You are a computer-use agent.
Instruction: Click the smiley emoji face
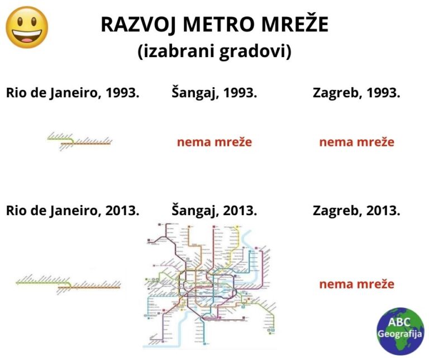click(26, 27)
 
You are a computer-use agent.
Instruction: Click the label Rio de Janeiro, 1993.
click(73, 93)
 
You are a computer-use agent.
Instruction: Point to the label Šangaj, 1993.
click(214, 93)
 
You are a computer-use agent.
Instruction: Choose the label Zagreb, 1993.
click(356, 93)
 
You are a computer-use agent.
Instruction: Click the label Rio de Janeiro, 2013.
click(73, 211)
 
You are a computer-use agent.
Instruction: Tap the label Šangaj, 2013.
click(214, 211)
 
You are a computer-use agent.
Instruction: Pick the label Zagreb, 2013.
click(356, 211)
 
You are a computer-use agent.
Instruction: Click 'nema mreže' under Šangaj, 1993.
click(214, 142)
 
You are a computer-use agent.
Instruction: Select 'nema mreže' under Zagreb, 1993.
click(356, 142)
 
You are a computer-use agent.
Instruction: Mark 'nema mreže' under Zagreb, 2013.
click(356, 284)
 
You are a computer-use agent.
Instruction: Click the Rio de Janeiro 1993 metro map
click(80, 140)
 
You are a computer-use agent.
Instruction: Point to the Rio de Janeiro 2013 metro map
click(68, 283)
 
